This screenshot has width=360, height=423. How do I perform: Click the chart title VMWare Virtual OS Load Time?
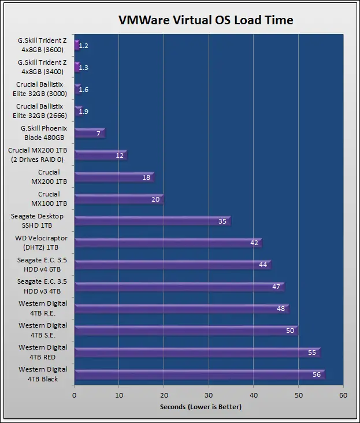(206, 20)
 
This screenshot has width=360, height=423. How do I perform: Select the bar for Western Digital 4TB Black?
(199, 374)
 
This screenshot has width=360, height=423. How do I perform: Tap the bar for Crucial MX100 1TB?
(118, 199)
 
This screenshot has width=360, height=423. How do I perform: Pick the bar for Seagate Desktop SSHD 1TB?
(152, 221)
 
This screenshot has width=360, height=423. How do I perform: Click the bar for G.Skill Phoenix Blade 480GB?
(90, 133)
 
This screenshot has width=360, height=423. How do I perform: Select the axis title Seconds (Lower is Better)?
(201, 407)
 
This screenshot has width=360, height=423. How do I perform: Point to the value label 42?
(254, 243)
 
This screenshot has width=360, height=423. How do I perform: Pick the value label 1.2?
(83, 46)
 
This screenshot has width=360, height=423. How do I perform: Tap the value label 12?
(120, 155)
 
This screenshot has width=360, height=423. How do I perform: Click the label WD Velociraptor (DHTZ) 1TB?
(41, 242)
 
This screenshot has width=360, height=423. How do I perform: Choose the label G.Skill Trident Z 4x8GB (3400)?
(42, 66)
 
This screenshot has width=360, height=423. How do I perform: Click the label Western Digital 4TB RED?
(43, 352)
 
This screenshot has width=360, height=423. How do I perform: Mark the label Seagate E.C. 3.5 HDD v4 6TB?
(42, 264)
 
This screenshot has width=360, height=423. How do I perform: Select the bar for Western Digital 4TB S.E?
(186, 331)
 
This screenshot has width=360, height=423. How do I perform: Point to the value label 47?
(277, 287)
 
